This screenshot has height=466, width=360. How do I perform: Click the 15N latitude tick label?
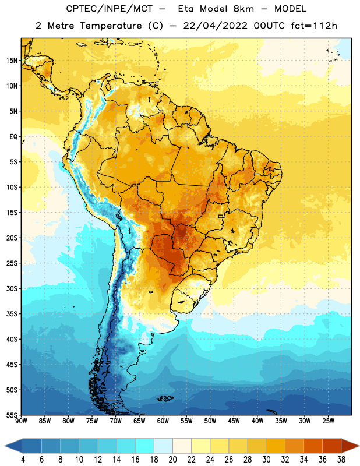(x=12, y=61)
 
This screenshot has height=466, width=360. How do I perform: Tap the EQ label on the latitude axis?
(x=13, y=137)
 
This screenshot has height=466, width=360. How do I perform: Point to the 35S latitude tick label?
(x=12, y=314)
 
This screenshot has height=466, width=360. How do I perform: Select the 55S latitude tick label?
(x=12, y=415)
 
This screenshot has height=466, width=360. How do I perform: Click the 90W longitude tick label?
(x=21, y=421)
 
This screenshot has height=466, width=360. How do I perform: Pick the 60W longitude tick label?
(x=163, y=421)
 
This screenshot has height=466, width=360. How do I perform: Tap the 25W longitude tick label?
(x=328, y=421)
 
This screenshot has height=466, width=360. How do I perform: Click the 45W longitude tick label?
(x=234, y=421)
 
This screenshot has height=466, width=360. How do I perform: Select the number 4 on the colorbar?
(x=23, y=460)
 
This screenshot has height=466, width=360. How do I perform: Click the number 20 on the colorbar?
(x=172, y=460)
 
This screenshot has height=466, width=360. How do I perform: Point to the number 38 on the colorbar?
(x=341, y=460)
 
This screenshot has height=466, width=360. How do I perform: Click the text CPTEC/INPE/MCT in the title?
(x=110, y=9)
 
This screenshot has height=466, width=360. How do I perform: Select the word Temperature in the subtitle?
(x=111, y=26)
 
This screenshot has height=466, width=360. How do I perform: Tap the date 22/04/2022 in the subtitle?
(x=215, y=26)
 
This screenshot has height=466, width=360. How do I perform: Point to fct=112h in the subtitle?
(x=314, y=26)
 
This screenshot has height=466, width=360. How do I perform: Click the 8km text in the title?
(x=243, y=9)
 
